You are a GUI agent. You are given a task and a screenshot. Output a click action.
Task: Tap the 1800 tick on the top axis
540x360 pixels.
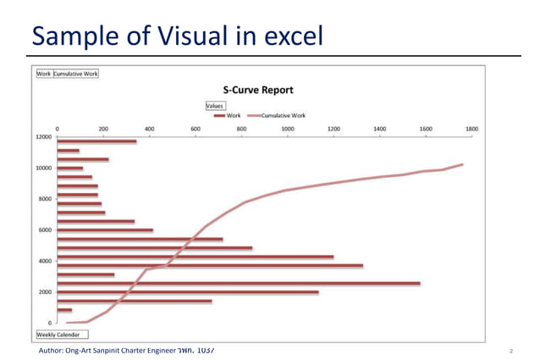(471, 129)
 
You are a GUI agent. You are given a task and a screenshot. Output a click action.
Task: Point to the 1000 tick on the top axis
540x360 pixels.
(287, 129)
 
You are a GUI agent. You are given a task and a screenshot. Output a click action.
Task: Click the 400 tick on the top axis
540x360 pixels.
(149, 129)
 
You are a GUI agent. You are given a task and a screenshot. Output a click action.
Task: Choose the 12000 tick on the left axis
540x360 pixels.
(42, 136)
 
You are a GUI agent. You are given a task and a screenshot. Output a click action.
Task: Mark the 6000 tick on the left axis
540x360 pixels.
(44, 230)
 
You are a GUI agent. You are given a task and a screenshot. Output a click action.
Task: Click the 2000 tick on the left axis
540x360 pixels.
(44, 291)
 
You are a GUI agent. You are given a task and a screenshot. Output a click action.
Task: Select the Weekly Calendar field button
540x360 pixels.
(58, 335)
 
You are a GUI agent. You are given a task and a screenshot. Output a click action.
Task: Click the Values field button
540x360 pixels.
(215, 105)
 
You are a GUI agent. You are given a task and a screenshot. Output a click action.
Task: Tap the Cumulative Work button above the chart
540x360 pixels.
(76, 74)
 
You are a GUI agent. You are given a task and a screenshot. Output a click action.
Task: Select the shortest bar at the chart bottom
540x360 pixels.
(64, 310)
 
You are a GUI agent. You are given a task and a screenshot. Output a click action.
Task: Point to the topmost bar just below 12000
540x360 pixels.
(96, 141)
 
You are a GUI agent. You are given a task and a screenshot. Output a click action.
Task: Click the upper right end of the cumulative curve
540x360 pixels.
(462, 164)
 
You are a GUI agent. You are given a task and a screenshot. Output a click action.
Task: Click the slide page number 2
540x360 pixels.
(512, 350)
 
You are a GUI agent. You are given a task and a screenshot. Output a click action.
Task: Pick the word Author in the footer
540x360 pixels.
(51, 349)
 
